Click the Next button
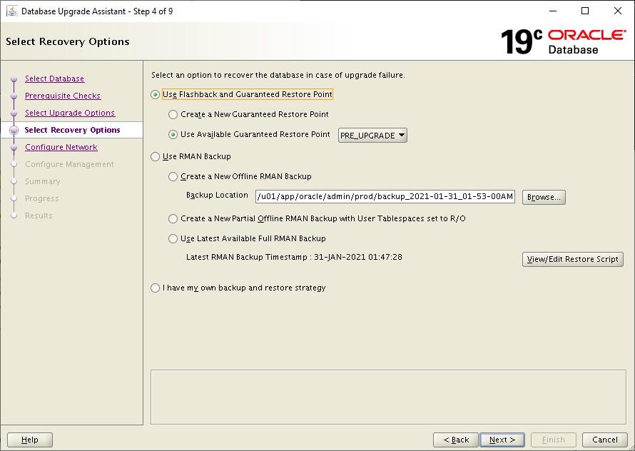[502, 440]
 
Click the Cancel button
[604, 440]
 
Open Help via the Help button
[30, 440]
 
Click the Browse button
[544, 197]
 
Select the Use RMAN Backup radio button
[156, 157]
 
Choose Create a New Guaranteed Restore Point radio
[173, 114]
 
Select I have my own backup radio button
[156, 288]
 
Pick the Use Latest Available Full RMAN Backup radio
[173, 239]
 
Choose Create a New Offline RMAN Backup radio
[173, 177]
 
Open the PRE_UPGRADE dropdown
[372, 136]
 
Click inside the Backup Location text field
[385, 197]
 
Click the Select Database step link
[54, 78]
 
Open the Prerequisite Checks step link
[63, 96]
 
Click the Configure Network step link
[61, 147]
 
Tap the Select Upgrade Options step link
[70, 113]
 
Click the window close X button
[617, 11]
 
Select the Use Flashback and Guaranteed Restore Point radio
[156, 94]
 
